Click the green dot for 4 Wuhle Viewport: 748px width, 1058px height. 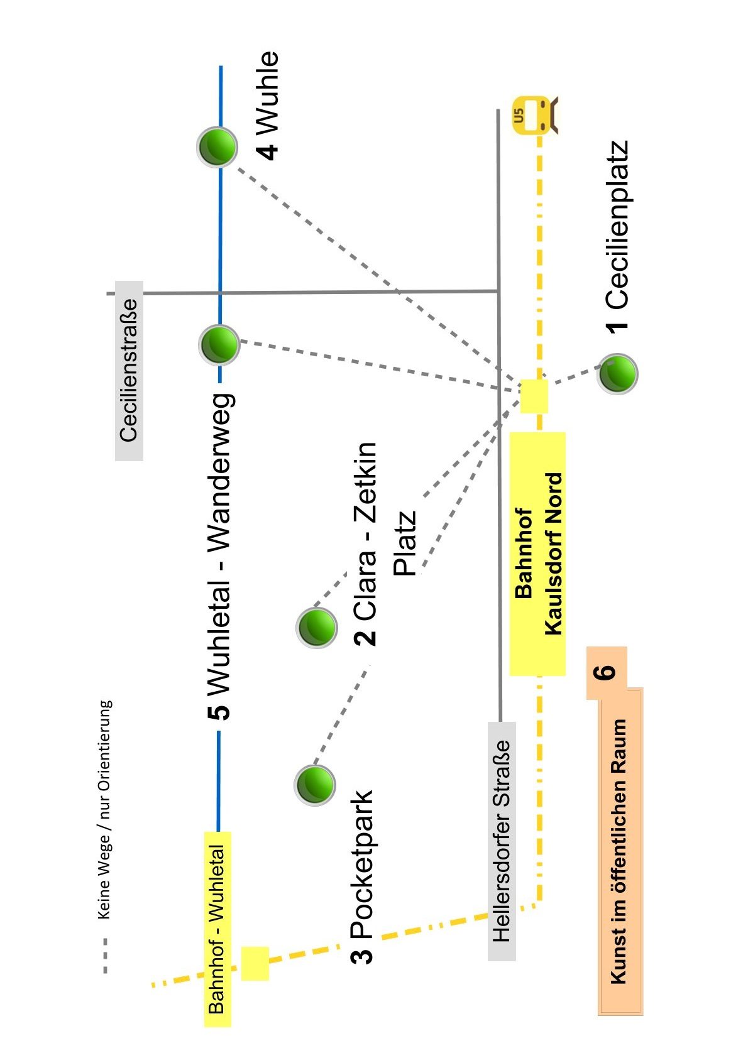(217, 147)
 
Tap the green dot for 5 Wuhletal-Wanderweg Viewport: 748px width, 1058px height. (219, 345)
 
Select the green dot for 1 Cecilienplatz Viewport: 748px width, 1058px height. (617, 374)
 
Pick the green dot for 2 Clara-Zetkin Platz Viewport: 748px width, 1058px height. (316, 627)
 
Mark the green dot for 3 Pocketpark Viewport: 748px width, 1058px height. (314, 785)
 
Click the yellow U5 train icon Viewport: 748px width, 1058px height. (536, 116)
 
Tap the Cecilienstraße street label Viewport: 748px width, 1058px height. (129, 371)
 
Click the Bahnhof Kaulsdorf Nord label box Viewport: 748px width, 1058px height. (537, 554)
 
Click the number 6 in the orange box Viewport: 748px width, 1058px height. (606, 672)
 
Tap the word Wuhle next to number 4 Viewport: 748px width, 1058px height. (267, 92)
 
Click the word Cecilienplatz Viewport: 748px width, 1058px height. (617, 225)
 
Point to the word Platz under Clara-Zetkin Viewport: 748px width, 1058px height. (404, 543)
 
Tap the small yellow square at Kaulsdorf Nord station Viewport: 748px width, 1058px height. (534, 396)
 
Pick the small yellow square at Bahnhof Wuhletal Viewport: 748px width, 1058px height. (255, 964)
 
